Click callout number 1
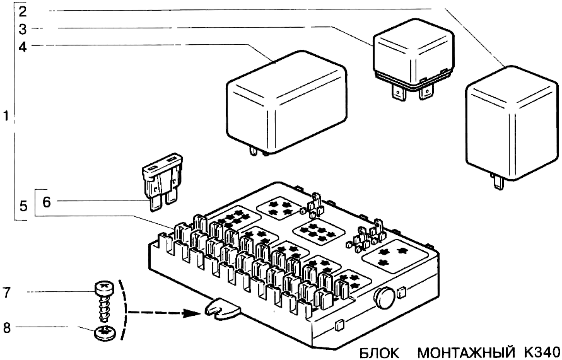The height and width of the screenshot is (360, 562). coord(6,117)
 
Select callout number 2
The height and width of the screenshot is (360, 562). coord(23,11)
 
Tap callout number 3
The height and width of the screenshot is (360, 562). coord(23,28)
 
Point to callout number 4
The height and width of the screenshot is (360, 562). coord(23,46)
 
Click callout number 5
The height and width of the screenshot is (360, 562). coord(23,206)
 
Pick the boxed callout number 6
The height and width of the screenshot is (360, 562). coord(46,202)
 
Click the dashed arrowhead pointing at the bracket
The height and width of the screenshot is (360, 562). coord(193,310)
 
